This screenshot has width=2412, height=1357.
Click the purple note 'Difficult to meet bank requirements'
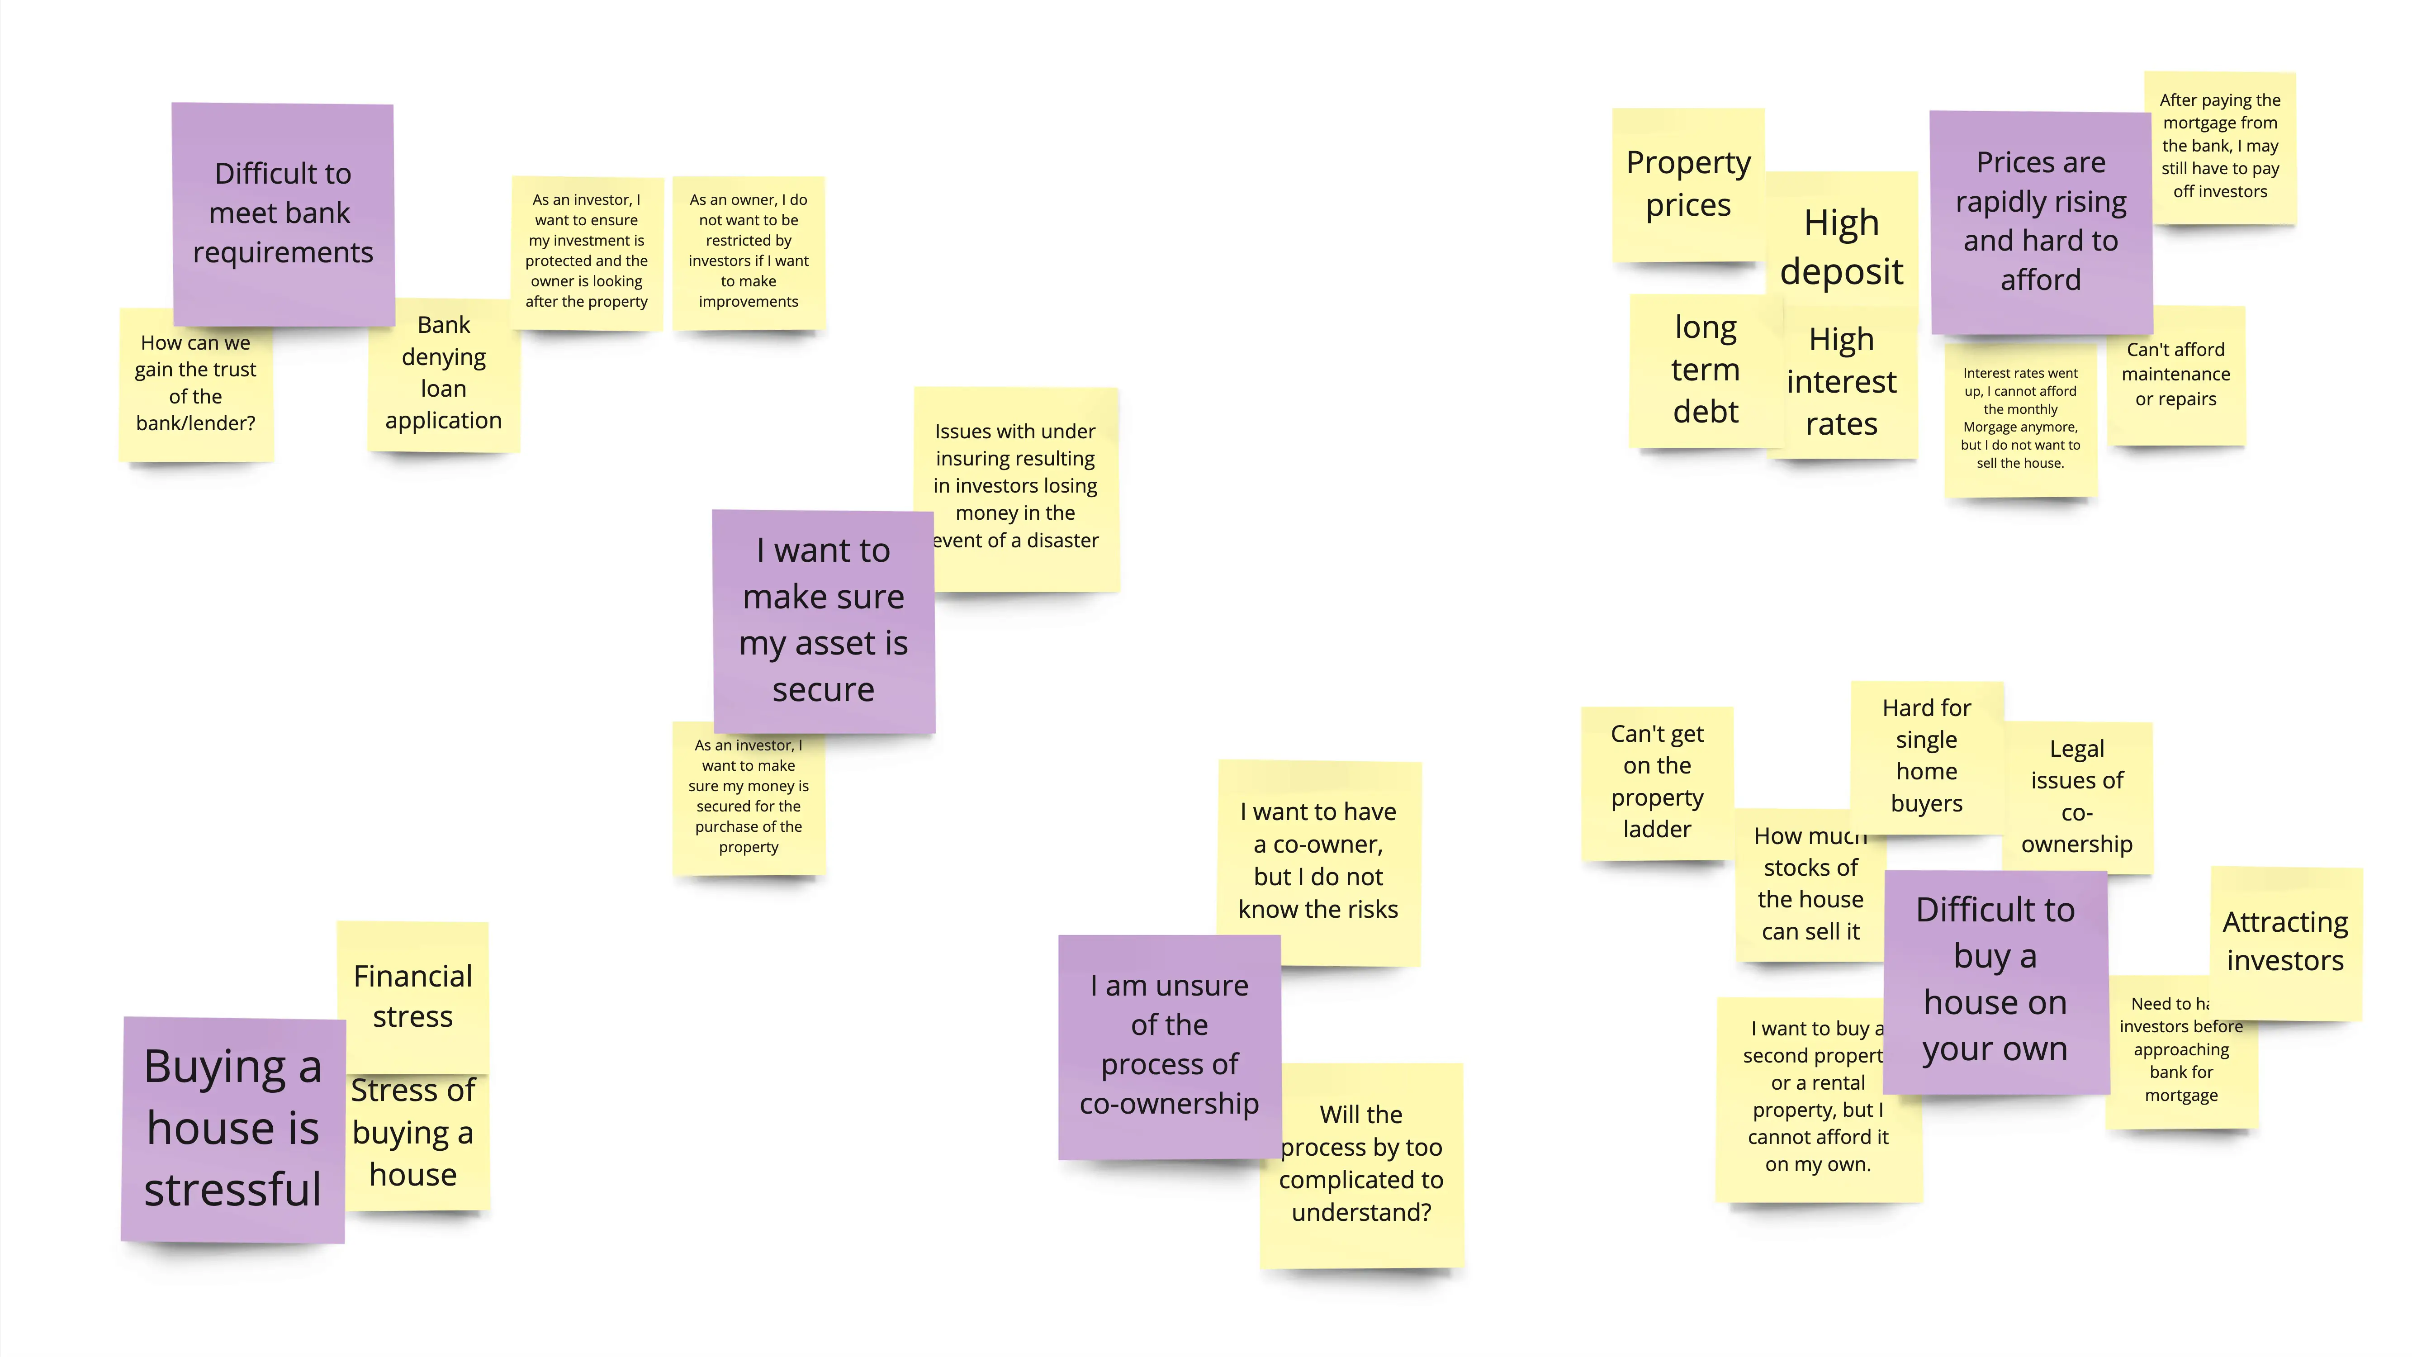click(282, 214)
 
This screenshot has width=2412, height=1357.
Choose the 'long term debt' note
click(1704, 370)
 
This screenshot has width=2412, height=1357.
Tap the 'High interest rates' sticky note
click(1841, 382)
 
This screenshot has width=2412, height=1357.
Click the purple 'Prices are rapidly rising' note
click(2040, 221)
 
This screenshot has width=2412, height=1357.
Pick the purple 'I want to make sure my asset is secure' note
click(823, 620)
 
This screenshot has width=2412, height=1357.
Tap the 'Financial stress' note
click(413, 996)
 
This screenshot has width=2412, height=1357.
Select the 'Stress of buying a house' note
click(413, 1133)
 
